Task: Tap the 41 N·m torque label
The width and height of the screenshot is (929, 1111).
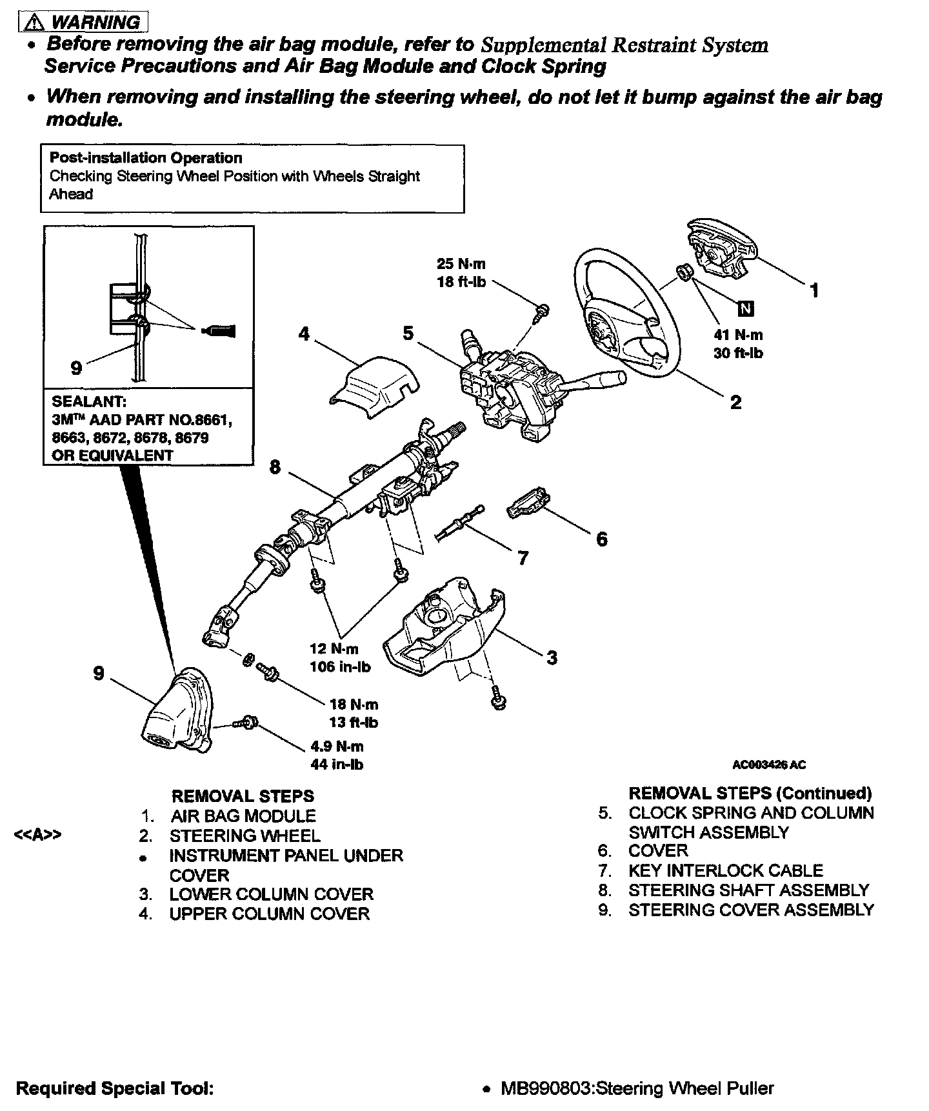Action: pos(738,335)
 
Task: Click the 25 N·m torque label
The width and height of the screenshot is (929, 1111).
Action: pos(461,264)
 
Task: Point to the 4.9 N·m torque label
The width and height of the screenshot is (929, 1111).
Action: pos(337,746)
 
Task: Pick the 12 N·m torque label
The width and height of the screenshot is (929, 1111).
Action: pos(334,649)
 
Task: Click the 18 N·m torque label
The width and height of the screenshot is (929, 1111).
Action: pos(354,705)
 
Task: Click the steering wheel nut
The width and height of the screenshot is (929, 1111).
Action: pos(686,273)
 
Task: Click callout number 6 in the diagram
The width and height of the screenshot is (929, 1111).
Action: pos(601,539)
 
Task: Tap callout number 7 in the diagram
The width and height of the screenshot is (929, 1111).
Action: pos(523,557)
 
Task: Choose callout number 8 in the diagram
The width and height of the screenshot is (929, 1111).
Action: pos(275,466)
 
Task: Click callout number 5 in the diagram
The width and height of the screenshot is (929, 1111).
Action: pos(408,334)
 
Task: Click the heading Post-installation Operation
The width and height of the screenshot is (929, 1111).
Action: pos(146,158)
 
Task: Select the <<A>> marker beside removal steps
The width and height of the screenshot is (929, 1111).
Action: pos(38,836)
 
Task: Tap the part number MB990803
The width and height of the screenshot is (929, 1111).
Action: pos(544,1088)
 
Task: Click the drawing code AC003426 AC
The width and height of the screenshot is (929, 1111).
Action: pos(769,765)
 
